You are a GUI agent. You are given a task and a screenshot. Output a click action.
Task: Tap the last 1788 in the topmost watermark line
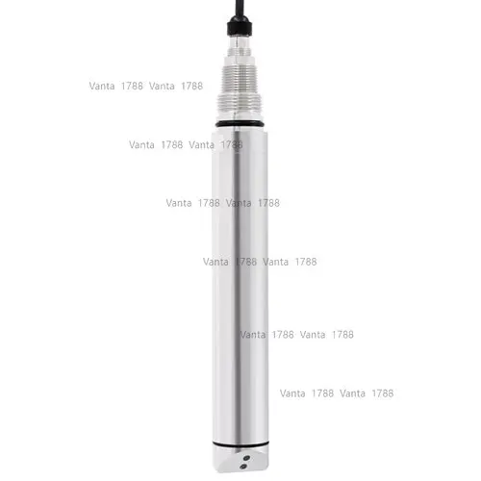(x=190, y=86)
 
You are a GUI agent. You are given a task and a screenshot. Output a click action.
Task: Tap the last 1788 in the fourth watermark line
(x=305, y=262)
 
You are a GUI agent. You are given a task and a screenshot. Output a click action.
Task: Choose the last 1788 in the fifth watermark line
(x=342, y=335)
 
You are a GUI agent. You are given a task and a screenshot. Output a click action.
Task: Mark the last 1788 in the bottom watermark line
(x=382, y=393)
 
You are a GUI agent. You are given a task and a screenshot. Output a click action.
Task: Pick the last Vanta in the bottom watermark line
(x=353, y=393)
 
